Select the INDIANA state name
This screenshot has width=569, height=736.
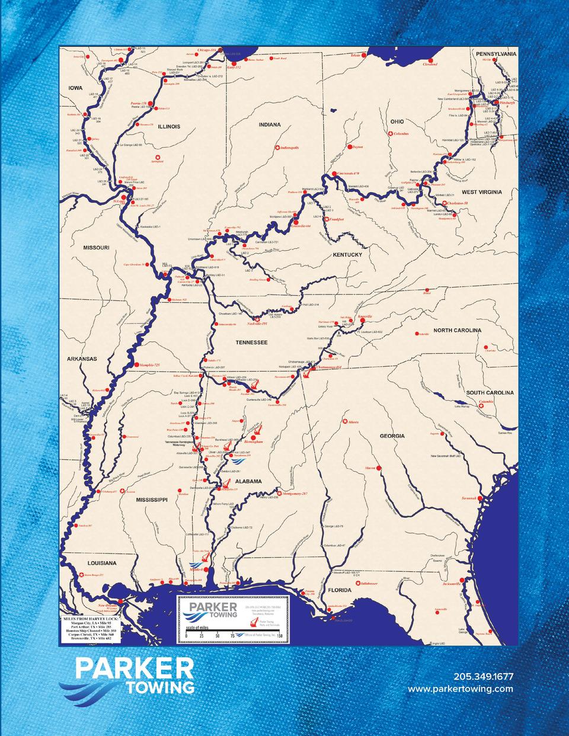269,125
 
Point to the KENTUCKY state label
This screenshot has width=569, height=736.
347,255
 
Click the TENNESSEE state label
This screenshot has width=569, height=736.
252,343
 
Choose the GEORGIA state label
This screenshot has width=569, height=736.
392,436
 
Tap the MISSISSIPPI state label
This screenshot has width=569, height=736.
153,500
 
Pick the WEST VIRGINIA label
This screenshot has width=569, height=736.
482,192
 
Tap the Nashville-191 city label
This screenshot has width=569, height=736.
257,324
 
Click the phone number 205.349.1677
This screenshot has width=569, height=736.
483,677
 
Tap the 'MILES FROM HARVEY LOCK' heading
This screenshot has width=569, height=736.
91,619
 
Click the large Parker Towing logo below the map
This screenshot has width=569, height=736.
126,674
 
